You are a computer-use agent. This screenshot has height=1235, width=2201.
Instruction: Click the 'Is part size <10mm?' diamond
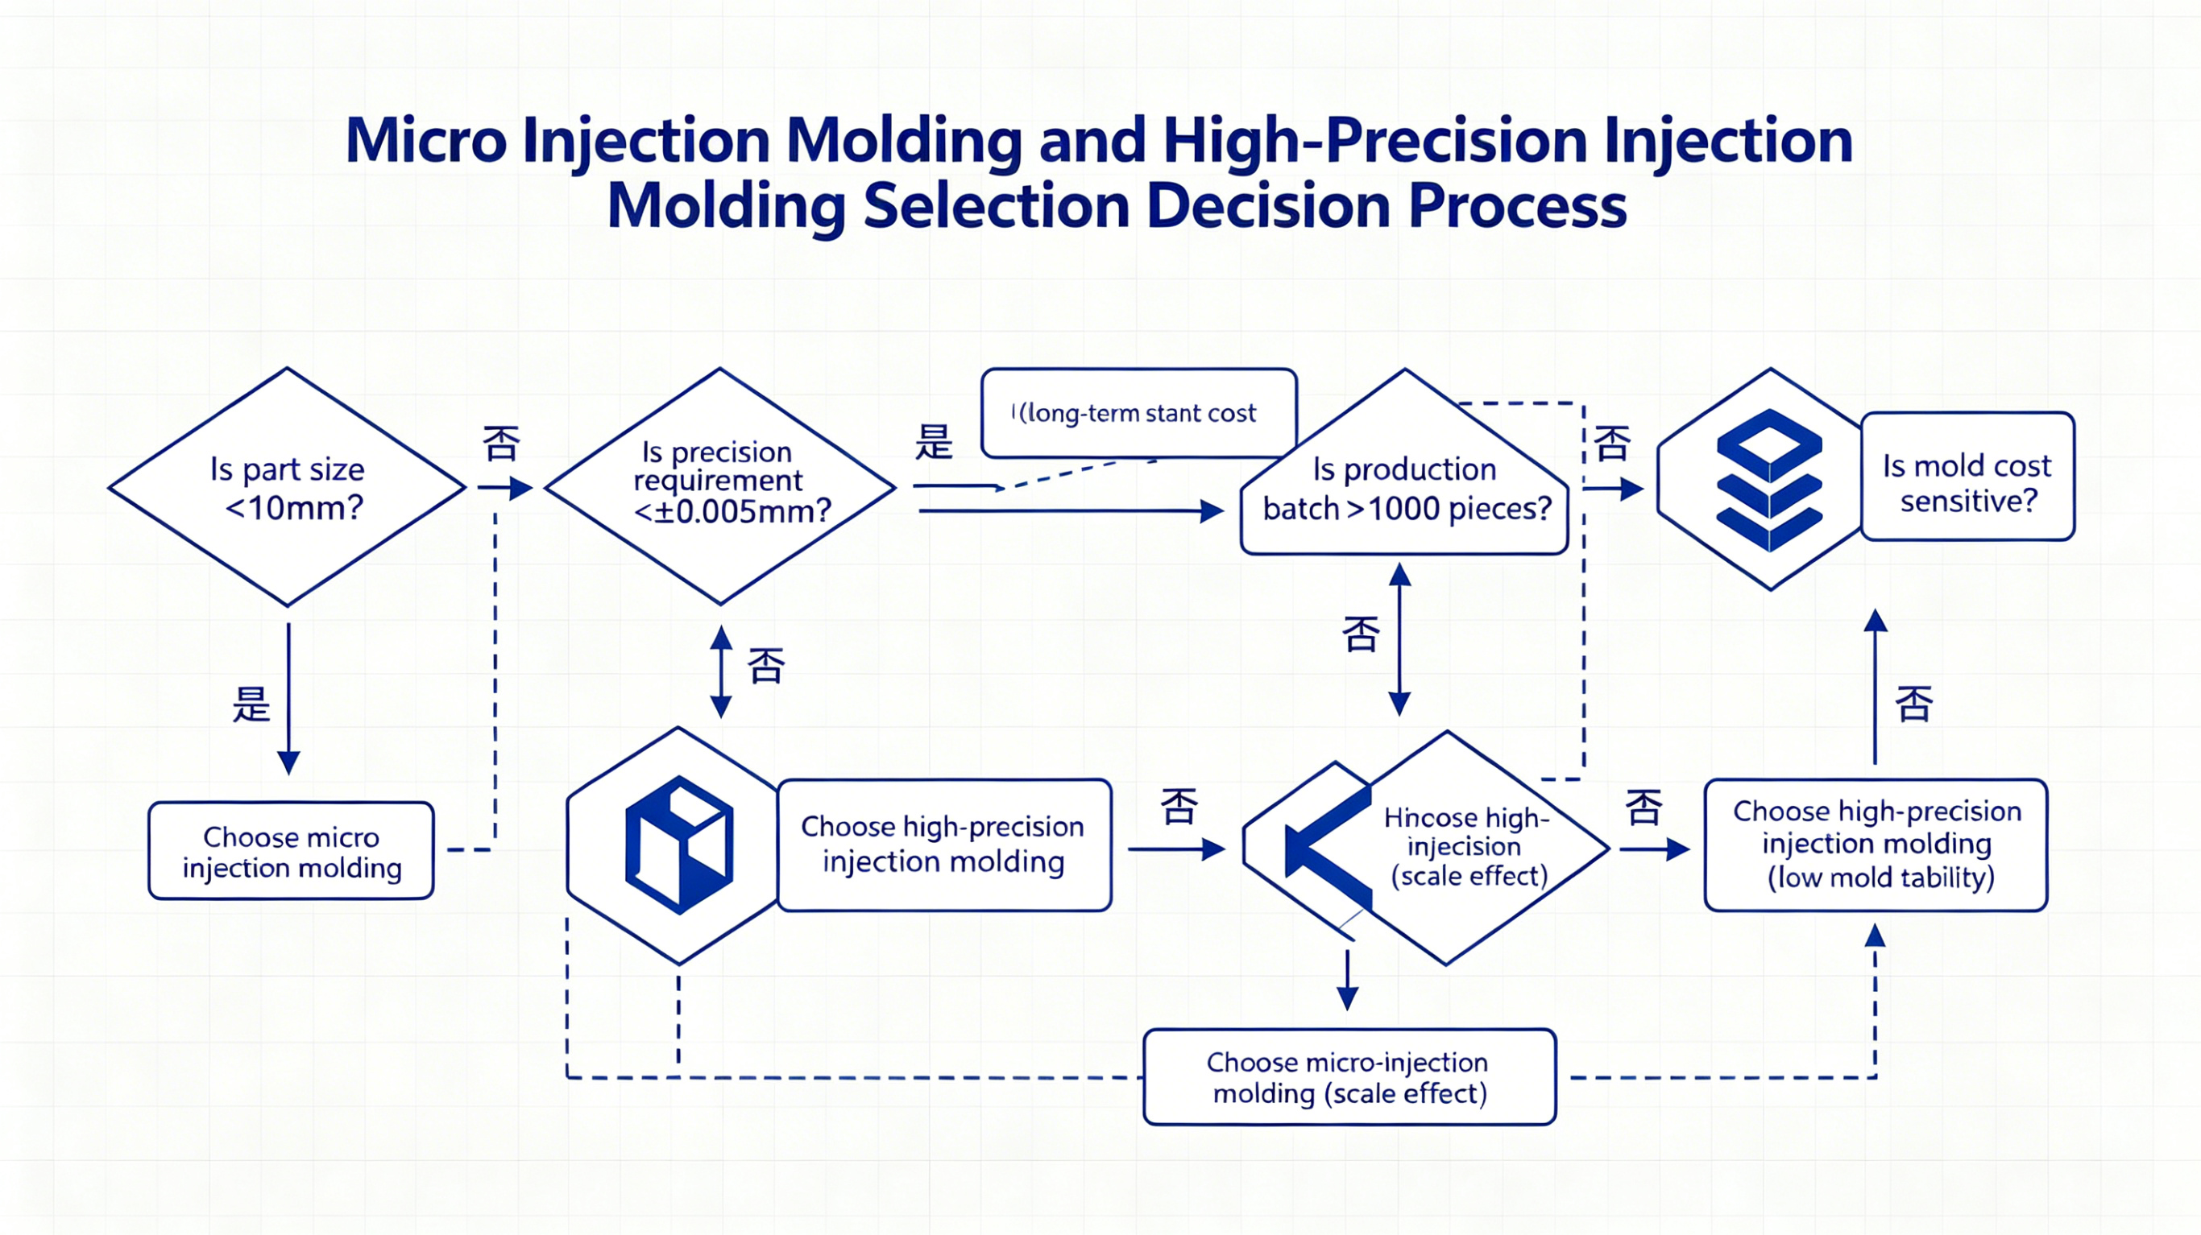[287, 488]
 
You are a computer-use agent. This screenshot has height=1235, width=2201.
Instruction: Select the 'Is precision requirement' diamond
[720, 487]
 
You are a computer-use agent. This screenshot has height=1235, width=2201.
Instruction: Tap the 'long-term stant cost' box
[1139, 413]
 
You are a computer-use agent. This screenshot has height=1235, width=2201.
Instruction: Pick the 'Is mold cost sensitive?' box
[1967, 477]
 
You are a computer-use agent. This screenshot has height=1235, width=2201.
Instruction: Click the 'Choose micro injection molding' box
[292, 851]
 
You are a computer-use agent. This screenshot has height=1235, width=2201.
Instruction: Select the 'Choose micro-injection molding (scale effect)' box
[1349, 1077]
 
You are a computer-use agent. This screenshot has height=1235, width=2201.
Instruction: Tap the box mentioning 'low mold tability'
[1876, 845]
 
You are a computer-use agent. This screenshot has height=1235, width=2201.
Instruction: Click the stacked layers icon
[1769, 480]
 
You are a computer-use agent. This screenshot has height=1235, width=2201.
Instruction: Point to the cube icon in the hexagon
[679, 845]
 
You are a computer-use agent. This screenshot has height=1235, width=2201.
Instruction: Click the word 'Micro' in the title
[425, 141]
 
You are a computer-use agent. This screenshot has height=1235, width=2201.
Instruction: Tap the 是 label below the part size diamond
[251, 704]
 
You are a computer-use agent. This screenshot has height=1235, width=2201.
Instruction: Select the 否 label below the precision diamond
[765, 665]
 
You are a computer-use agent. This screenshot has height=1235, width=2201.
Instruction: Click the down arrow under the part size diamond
[288, 699]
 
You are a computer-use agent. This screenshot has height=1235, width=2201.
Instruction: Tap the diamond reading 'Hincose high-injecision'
[1427, 848]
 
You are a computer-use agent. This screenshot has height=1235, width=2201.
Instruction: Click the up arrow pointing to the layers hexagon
[1876, 686]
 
